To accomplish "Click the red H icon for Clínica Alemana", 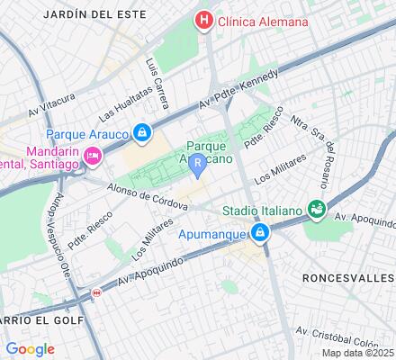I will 206,20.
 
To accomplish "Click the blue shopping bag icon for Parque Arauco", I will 142,133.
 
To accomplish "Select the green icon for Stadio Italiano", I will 315,209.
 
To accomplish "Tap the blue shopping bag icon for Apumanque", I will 260,235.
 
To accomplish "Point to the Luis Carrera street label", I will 158,78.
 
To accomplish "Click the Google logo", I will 30,348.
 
